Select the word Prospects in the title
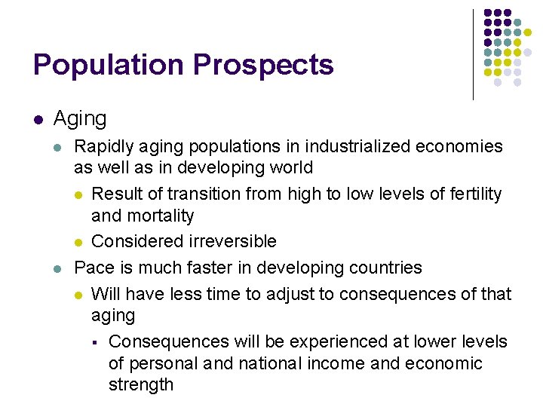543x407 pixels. (263, 65)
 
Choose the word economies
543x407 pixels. (459, 146)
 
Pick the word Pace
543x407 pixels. (94, 268)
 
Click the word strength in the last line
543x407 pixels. (141, 385)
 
